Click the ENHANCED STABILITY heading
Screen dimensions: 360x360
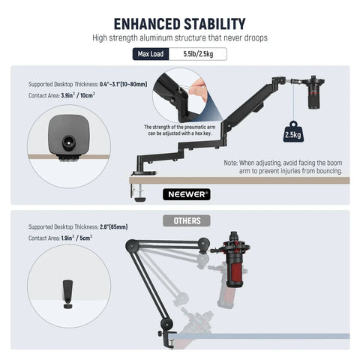point(179,22)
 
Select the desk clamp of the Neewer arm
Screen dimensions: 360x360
point(140,183)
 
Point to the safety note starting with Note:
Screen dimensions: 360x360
point(283,166)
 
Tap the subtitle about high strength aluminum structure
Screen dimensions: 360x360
point(179,37)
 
